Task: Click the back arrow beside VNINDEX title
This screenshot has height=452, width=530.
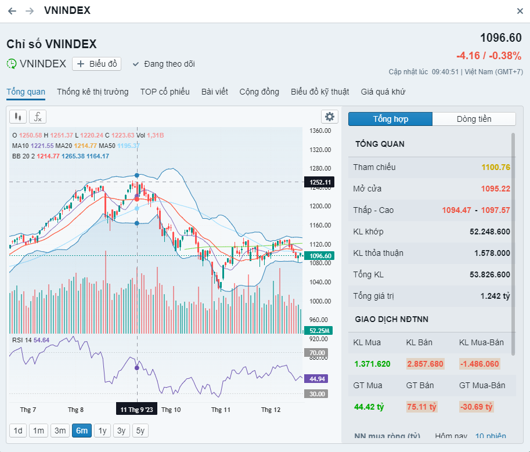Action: coord(12,11)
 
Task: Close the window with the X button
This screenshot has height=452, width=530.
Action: coord(520,11)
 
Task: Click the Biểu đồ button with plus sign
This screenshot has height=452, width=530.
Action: coord(96,64)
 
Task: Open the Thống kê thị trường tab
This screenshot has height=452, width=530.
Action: coord(93,92)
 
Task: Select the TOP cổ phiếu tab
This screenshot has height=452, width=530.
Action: coord(165,92)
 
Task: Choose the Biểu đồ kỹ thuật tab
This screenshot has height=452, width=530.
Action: coord(320,92)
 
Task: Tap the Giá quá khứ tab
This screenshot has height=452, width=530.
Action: coord(383,92)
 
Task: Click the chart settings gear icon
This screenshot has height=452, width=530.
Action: coord(330,117)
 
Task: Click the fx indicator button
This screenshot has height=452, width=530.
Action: coord(37,117)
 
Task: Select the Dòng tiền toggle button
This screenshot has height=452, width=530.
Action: coord(474,119)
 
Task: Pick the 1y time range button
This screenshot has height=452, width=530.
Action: coord(103,431)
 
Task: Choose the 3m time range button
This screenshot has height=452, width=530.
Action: coord(60,431)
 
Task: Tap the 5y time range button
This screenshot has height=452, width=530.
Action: coord(140,431)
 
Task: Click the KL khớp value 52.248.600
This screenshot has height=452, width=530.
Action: coord(489,232)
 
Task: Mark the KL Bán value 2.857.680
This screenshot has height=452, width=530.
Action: coord(425,364)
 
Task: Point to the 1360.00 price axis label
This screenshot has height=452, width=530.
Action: coord(320,131)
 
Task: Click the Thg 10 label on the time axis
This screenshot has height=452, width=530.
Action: coord(171,410)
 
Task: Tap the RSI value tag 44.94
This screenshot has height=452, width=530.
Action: coord(317,379)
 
